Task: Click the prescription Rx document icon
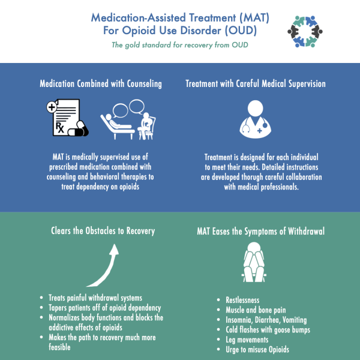point(67,118)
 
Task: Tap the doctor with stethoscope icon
point(256,119)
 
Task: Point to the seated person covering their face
point(254,262)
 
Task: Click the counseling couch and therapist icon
point(128,119)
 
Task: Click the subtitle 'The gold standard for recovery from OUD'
point(180,45)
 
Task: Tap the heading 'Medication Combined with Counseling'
point(101,84)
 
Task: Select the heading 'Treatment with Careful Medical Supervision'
point(256,84)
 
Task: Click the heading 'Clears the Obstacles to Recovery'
point(103,231)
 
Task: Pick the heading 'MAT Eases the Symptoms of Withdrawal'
point(261,231)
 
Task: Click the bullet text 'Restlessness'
point(242,300)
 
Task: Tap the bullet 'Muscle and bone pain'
point(256,310)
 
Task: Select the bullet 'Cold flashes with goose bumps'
point(268,329)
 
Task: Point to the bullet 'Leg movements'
point(247,340)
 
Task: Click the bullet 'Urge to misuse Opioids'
point(257,349)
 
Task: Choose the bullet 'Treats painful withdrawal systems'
point(95,298)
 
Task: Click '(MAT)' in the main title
point(254,17)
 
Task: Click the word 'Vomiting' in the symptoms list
point(295,320)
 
